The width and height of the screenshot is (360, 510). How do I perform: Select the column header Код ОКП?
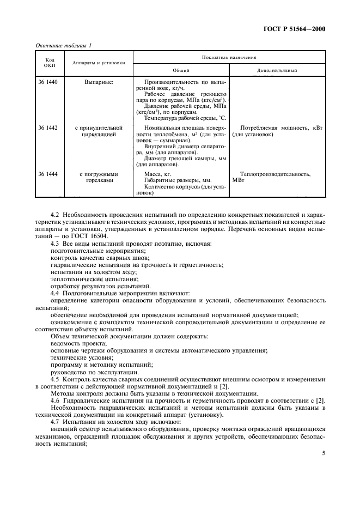tap(50, 63)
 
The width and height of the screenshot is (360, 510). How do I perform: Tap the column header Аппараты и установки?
tap(99, 63)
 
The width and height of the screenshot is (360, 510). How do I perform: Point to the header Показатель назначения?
tap(228, 57)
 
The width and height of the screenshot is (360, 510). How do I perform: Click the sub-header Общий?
tap(181, 70)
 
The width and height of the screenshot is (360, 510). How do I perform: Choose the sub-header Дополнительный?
tap(277, 70)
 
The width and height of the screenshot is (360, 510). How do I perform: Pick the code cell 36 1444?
tap(48, 174)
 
